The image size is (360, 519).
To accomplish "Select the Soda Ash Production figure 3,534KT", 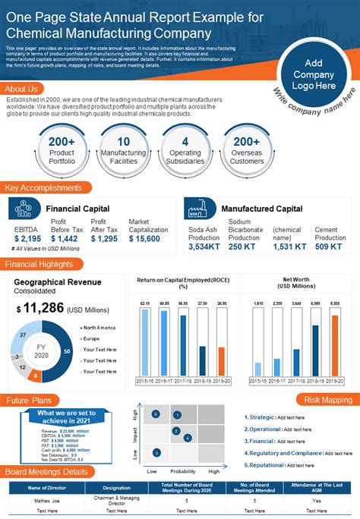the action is click(x=204, y=247).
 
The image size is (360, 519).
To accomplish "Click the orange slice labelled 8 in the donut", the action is click(x=36, y=375).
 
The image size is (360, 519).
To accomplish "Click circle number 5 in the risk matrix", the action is click(x=155, y=414).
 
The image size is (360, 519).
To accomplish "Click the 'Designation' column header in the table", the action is click(x=116, y=488).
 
